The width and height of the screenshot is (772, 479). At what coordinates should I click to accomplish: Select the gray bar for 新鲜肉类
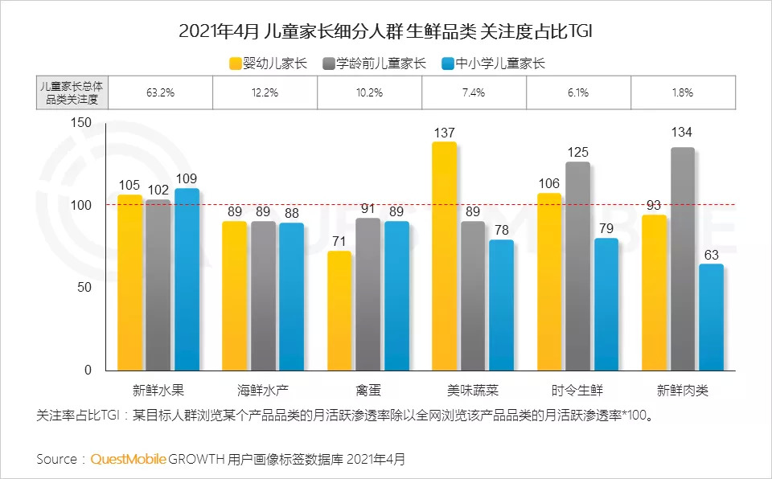(x=683, y=259)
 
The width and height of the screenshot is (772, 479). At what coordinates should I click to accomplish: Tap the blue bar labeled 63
(x=711, y=317)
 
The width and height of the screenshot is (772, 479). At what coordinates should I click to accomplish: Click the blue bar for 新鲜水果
(x=187, y=279)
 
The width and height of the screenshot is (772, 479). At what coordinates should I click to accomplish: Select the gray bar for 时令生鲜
(x=577, y=266)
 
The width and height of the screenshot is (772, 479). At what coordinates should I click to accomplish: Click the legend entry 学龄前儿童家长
(x=374, y=63)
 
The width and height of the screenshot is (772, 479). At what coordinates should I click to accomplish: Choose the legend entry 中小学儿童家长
(x=494, y=63)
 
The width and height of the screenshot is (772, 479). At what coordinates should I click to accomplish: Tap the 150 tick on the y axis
(x=82, y=123)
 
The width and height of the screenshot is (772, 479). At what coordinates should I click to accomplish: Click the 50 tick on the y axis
(x=86, y=288)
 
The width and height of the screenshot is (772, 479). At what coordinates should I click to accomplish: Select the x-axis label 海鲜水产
(x=263, y=391)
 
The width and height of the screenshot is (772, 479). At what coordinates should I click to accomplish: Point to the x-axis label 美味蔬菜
(x=473, y=391)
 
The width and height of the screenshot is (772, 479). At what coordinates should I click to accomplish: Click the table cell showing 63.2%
(x=160, y=92)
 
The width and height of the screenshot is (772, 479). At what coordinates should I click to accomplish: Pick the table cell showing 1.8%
(x=682, y=92)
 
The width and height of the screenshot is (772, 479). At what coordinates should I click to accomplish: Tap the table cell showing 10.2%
(x=369, y=92)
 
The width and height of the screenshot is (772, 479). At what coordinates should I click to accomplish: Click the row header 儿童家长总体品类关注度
(x=72, y=92)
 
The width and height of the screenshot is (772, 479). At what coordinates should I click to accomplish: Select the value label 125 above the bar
(x=577, y=152)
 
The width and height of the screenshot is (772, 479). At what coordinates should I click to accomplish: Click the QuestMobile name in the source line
(x=129, y=459)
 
